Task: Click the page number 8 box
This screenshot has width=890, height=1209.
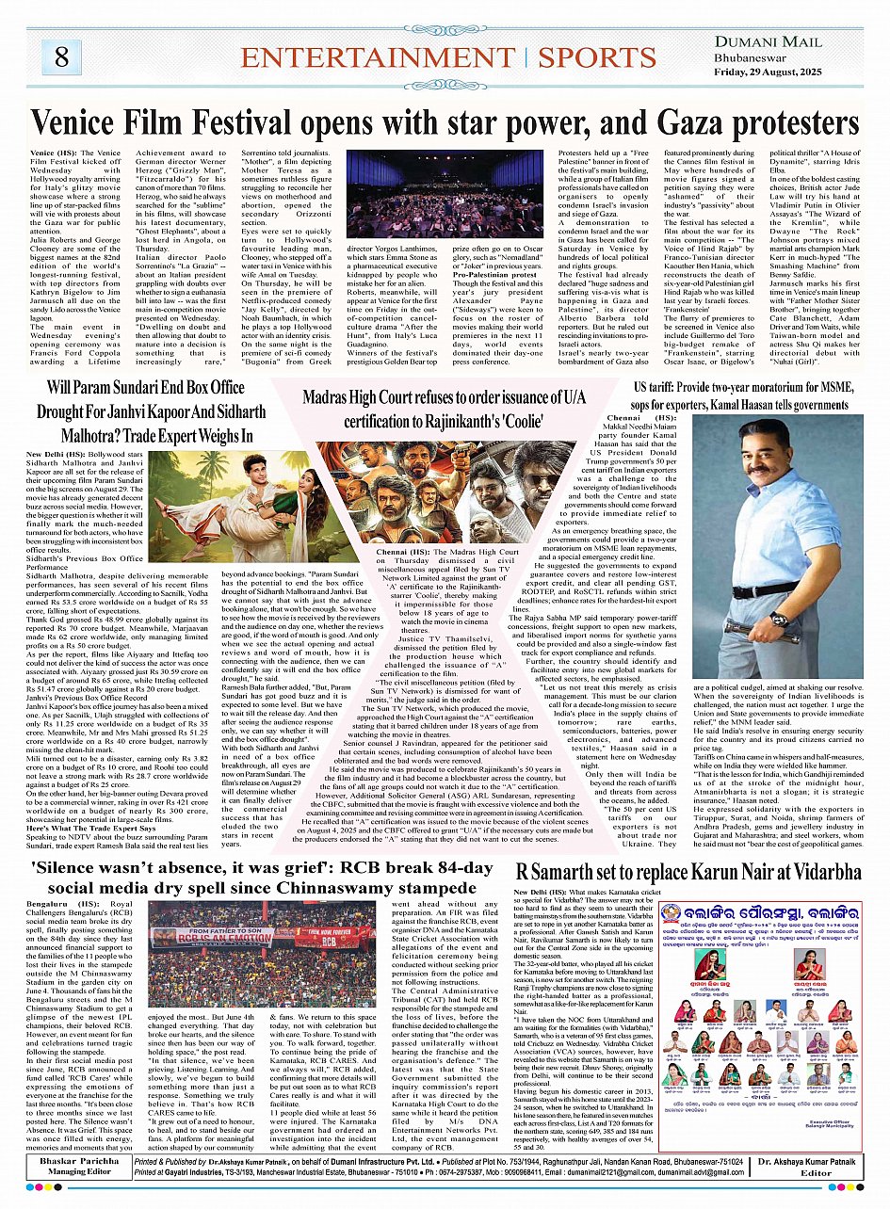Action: click(x=61, y=57)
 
